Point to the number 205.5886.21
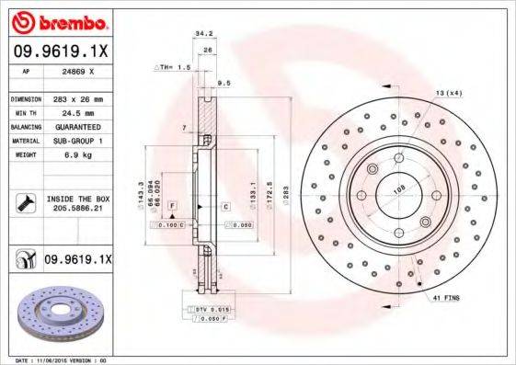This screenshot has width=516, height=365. pos(77,209)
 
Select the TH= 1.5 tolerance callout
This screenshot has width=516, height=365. pos(171,68)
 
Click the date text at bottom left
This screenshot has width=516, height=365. pos(55,360)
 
